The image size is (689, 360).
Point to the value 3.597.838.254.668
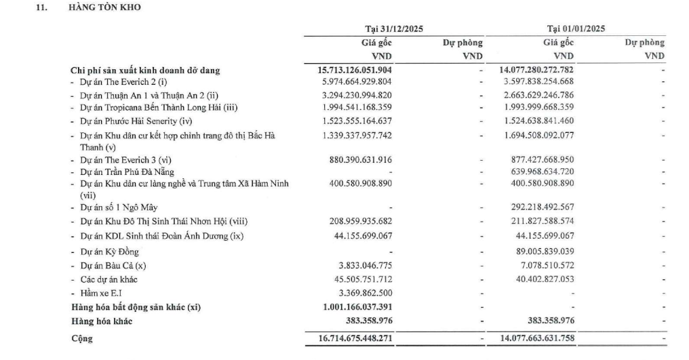[540, 82]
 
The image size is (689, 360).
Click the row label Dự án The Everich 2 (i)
[115, 82]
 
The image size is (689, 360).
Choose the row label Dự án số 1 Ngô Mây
[113, 207]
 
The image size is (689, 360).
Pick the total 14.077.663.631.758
[536, 338]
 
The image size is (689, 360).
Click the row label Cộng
[81, 338]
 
